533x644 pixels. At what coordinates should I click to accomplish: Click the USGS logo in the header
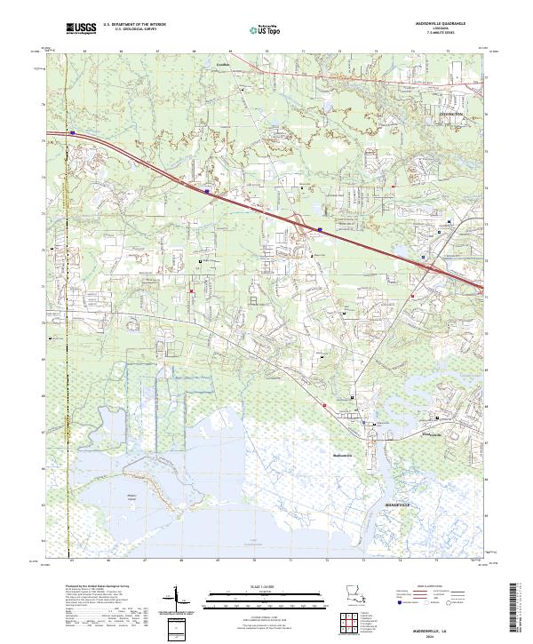(x=79, y=29)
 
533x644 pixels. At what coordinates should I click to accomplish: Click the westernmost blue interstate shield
(x=72, y=133)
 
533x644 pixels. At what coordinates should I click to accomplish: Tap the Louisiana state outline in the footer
(x=354, y=592)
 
